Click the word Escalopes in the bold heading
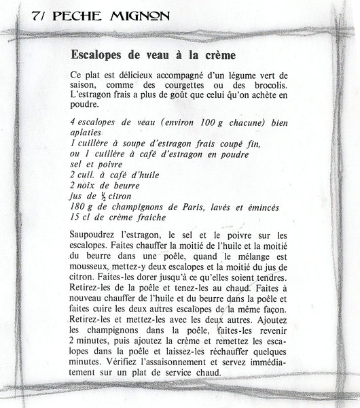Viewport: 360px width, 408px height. tap(100, 53)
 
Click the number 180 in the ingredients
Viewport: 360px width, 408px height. tap(78, 205)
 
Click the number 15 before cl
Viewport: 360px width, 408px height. tap(75, 216)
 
